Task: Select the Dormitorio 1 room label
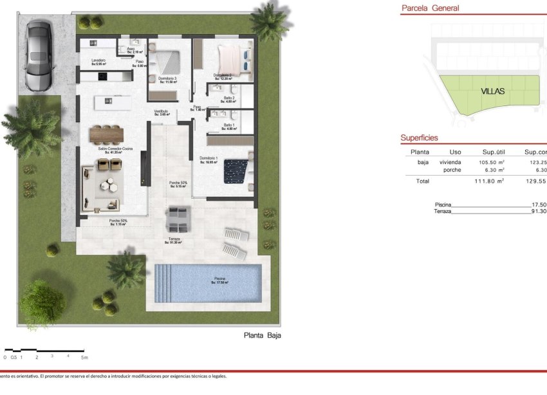209,158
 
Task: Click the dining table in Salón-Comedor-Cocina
106,133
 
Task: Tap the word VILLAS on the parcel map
493,91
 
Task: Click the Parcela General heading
430,8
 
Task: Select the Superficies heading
419,138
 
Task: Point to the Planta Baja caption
263,335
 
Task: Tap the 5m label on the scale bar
84,357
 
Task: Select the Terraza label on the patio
174,239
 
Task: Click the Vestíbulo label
161,111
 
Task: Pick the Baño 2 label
229,98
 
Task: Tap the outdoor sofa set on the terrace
176,219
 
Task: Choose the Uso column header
455,152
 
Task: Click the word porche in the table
452,170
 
